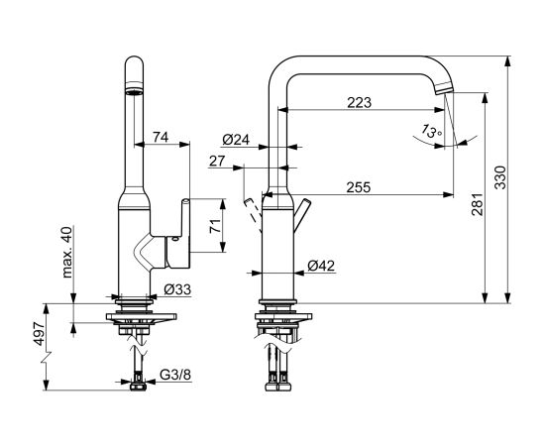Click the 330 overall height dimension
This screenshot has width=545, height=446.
[500, 177]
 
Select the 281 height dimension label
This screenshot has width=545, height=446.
[478, 205]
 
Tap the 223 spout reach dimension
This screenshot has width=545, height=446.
[360, 102]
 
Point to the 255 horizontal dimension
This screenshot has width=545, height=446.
[359, 187]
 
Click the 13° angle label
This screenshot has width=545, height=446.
[431, 131]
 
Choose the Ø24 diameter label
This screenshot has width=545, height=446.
[236, 140]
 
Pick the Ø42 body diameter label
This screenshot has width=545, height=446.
[321, 267]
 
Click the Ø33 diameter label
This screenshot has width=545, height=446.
[177, 289]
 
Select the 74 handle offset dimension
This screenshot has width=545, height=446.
[161, 138]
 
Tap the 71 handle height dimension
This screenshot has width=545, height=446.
[215, 226]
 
